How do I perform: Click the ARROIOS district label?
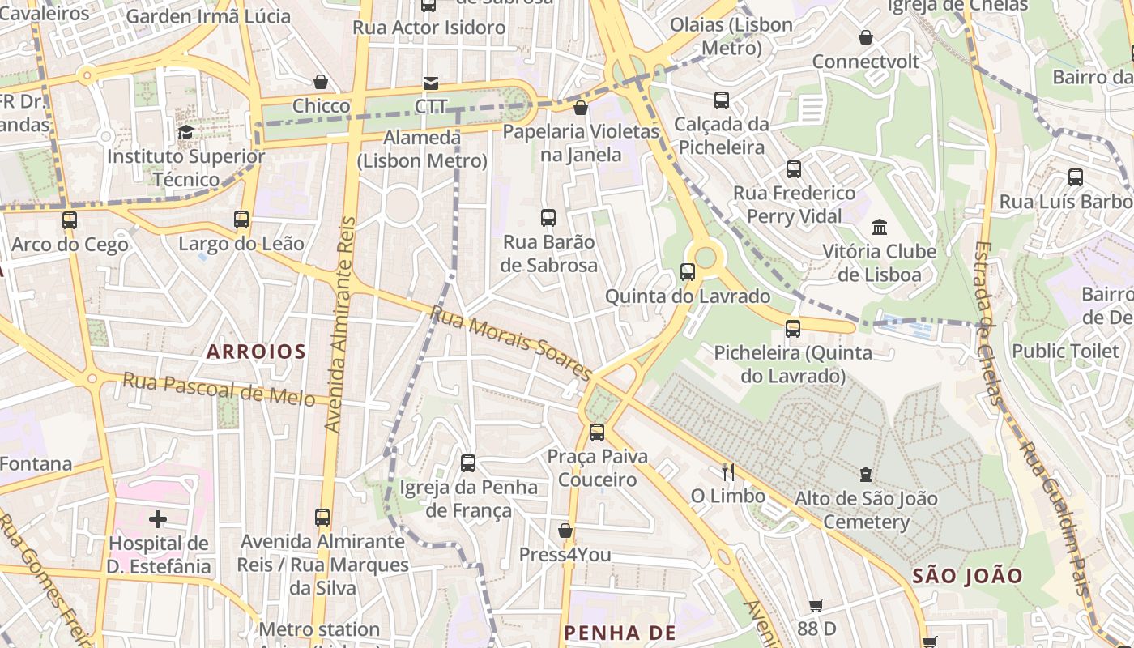(x=256, y=352)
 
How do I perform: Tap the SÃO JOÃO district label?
(x=967, y=576)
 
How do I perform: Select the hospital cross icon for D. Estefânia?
(x=158, y=518)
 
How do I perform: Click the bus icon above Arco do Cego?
(x=70, y=220)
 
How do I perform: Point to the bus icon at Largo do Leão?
(x=241, y=219)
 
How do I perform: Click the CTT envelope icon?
(x=430, y=83)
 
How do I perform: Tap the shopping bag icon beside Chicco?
(x=321, y=82)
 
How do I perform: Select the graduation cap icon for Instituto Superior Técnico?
(x=185, y=132)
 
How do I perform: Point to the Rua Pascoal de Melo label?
(x=219, y=390)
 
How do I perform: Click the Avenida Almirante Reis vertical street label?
(x=341, y=324)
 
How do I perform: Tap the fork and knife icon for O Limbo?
(x=727, y=471)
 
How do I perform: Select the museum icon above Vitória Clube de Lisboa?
(x=879, y=228)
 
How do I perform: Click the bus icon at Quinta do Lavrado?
(x=688, y=272)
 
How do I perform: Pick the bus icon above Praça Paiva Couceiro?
(x=597, y=432)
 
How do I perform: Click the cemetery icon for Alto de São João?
(x=866, y=474)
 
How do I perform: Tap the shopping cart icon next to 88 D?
(x=816, y=605)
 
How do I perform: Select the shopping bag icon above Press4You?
(x=565, y=531)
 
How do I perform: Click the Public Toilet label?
(x=1065, y=352)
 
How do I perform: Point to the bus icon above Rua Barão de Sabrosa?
(x=548, y=217)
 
